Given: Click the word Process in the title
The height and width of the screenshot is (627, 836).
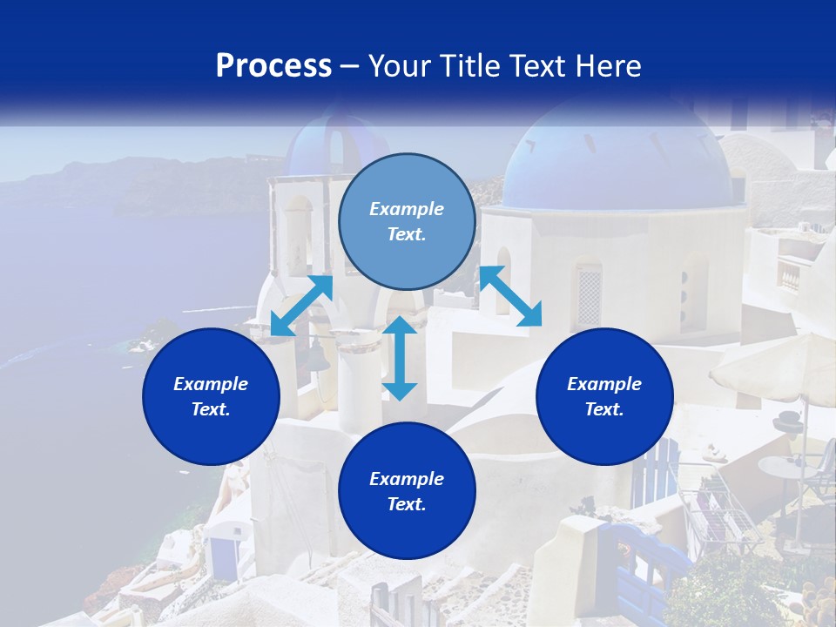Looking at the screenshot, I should pos(273,65).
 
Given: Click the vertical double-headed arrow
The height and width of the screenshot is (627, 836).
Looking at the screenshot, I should pos(400,358).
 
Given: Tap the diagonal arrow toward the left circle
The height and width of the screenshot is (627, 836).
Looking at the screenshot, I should pos(301,306).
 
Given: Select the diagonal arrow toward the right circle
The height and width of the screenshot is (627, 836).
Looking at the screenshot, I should pos(510,296).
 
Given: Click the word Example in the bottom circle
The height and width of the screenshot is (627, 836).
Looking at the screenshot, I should pos(407,478).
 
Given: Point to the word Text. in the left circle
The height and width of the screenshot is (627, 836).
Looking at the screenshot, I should pos(211,409).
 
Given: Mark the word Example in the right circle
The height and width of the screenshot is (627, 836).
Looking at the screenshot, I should pos(604,384).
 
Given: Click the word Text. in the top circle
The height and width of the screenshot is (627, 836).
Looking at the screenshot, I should pos(407,234).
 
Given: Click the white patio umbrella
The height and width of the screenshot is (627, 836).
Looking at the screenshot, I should pos(775,366).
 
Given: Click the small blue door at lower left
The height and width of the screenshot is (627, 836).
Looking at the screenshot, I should pos(226,553).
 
